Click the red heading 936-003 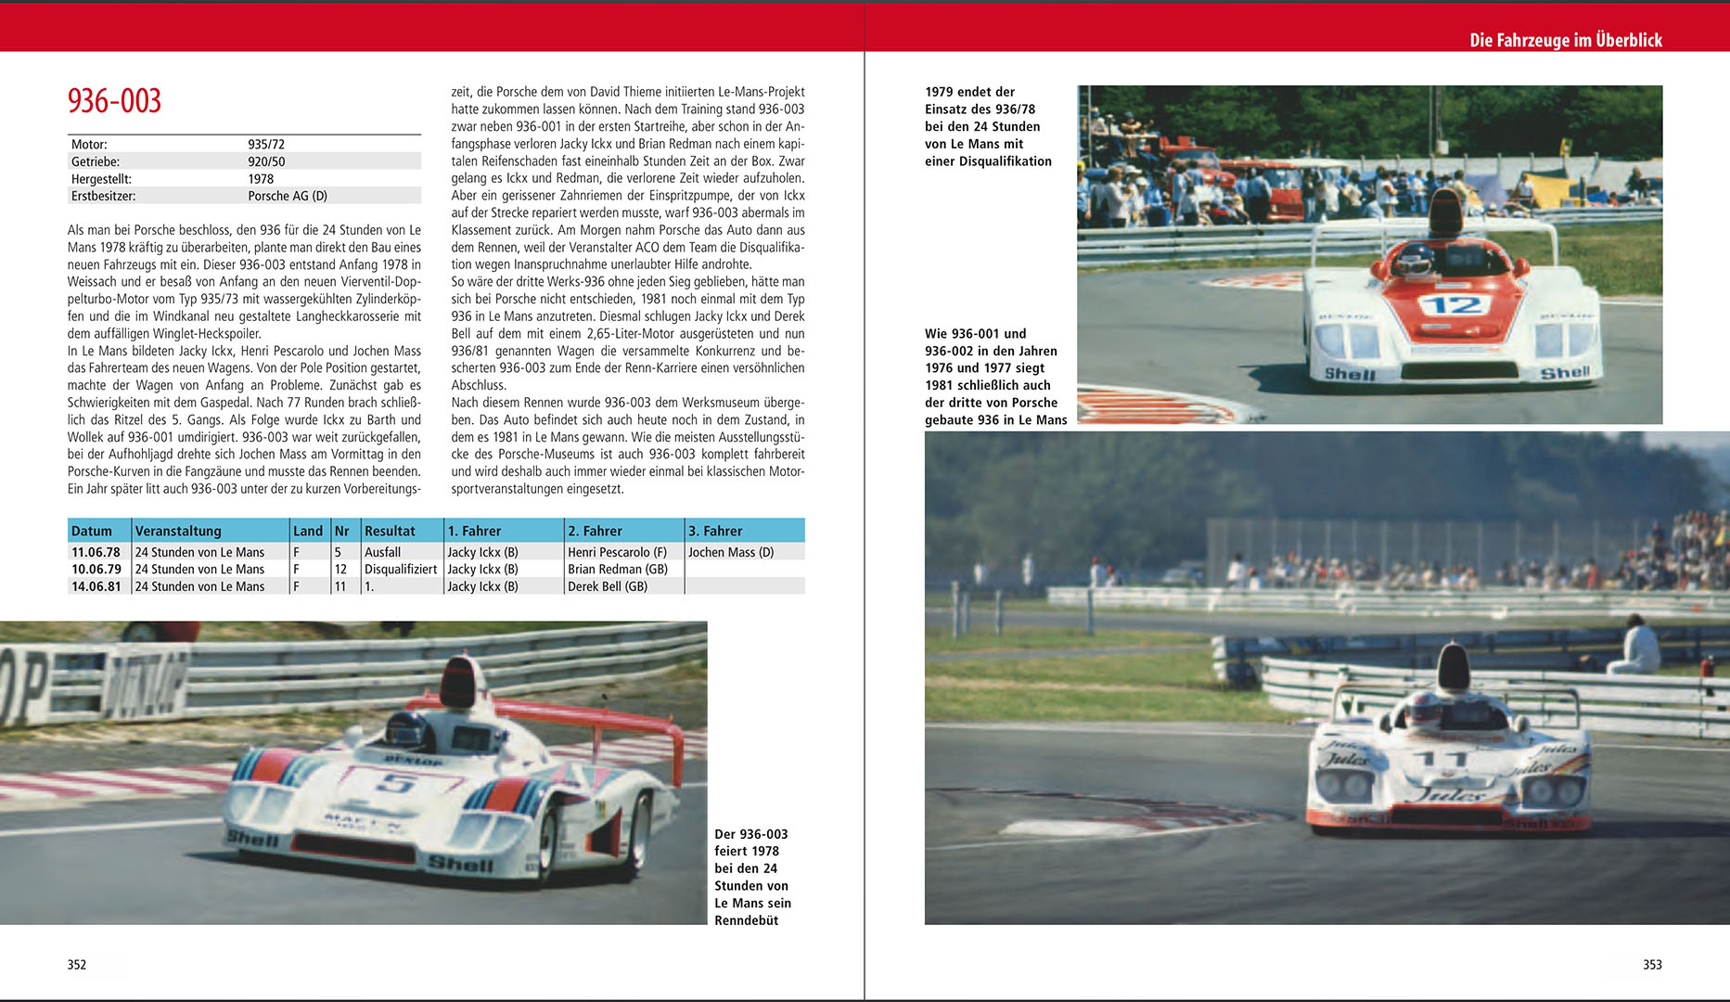(114, 101)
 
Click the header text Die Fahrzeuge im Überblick (1565, 40)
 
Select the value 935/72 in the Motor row (266, 145)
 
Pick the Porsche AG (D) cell (288, 196)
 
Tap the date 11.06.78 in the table (96, 552)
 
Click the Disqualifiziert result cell (401, 569)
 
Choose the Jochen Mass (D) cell (730, 552)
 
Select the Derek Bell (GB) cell (608, 586)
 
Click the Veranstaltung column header (178, 531)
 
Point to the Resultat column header (390, 531)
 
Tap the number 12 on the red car (1454, 305)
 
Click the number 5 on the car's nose (395, 784)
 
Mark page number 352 (77, 964)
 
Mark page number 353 (1652, 964)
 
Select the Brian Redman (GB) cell (617, 569)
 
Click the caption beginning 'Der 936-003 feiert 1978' (752, 877)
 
